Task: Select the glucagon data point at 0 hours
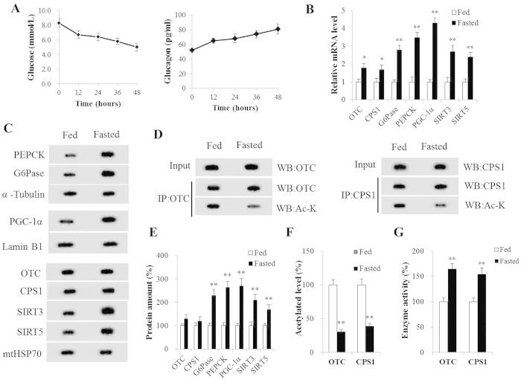coord(191,51)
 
